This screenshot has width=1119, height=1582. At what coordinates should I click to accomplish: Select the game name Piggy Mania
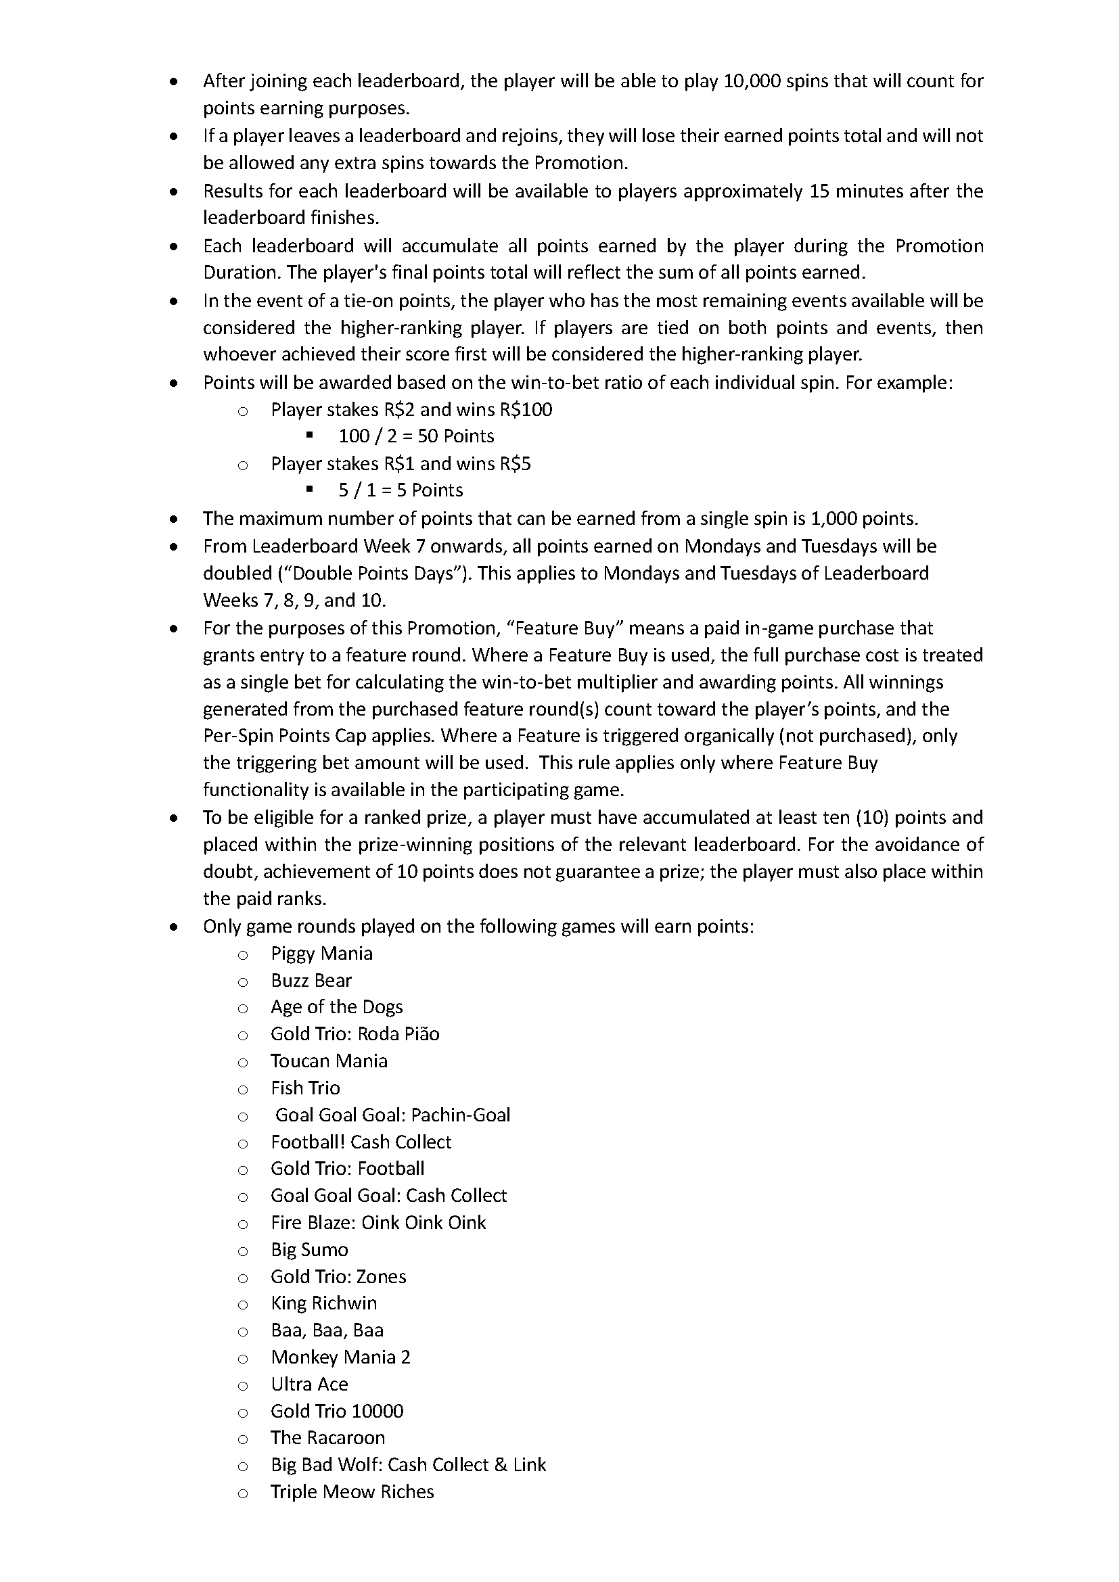(x=321, y=954)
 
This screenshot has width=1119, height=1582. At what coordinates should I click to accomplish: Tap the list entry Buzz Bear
(x=311, y=981)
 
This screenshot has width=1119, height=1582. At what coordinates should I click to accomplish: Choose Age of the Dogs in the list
(x=336, y=1007)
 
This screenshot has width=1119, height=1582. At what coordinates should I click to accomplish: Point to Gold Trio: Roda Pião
(x=355, y=1034)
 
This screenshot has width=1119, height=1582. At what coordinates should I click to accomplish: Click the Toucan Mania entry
(x=329, y=1061)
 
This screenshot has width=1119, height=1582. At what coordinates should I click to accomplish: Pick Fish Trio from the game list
(x=305, y=1088)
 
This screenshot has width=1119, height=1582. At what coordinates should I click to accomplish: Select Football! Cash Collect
(x=361, y=1142)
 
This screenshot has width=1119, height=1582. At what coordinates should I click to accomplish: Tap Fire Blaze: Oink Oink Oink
(x=378, y=1223)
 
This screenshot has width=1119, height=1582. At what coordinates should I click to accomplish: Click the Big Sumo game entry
(x=309, y=1250)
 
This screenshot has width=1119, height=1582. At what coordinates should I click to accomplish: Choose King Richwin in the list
(x=324, y=1303)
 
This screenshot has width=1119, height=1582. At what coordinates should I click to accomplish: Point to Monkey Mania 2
(x=340, y=1357)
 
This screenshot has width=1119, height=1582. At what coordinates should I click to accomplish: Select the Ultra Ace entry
(x=309, y=1385)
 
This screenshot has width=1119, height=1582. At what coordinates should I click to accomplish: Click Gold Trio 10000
(x=337, y=1411)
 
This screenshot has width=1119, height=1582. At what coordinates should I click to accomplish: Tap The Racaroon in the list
(x=327, y=1438)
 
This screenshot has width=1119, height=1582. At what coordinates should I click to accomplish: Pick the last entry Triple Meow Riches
(x=352, y=1492)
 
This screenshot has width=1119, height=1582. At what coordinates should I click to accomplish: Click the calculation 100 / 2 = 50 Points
(x=416, y=436)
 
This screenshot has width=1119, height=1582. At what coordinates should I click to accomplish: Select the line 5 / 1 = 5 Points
(x=401, y=490)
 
